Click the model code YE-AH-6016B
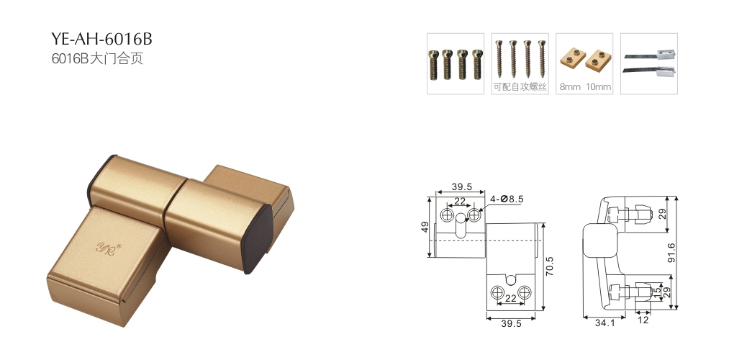coord(101,39)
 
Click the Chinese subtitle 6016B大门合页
coord(97,58)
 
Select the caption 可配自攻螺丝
coord(520,87)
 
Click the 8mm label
coord(570,87)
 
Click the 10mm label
coord(598,87)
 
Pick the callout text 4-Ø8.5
coord(507,199)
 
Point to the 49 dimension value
coord(425,227)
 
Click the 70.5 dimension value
coord(549,266)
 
